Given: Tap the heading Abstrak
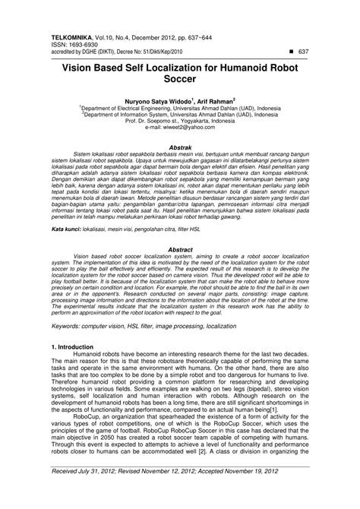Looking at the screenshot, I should point(179,147).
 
